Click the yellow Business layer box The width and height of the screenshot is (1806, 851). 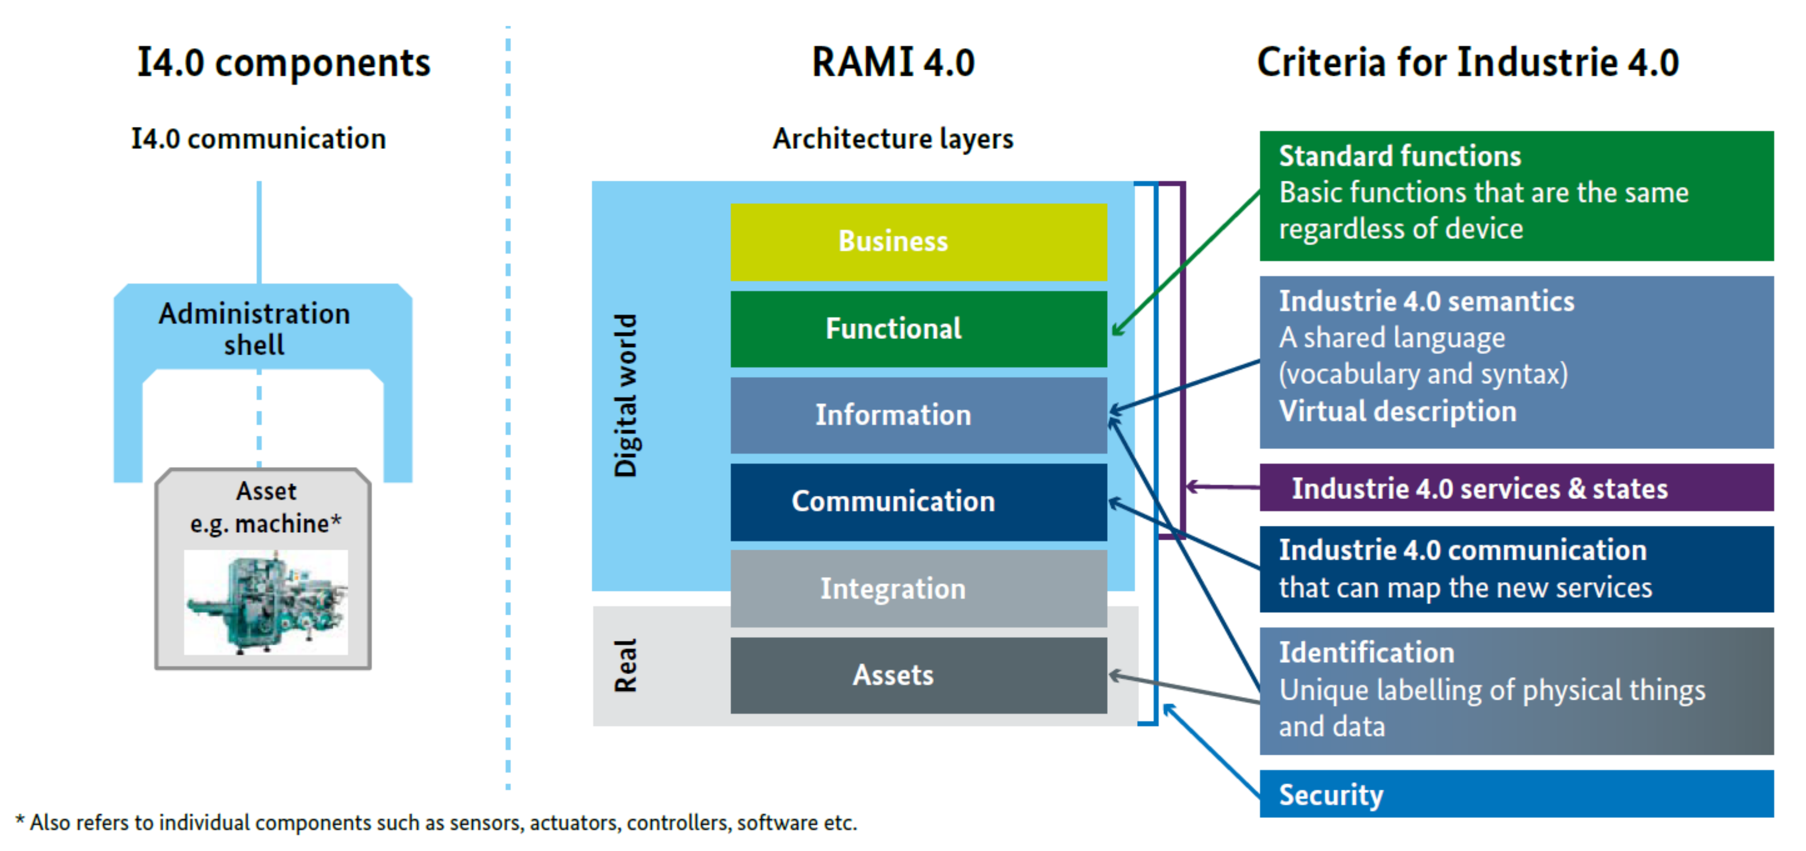[x=918, y=242]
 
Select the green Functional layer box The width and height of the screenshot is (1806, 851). [x=918, y=329]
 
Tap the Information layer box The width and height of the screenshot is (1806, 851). [x=918, y=415]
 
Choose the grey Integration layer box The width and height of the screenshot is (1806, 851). [x=918, y=589]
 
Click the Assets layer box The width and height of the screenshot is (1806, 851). [x=918, y=675]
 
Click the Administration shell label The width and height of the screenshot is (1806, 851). [x=254, y=329]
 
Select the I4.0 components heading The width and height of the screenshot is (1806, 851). [x=283, y=63]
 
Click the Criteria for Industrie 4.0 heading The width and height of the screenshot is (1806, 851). [x=1467, y=63]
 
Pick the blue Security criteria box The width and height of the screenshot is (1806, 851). [x=1516, y=794]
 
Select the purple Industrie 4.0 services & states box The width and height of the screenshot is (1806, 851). [x=1516, y=488]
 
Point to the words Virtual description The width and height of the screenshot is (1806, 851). [x=1397, y=412]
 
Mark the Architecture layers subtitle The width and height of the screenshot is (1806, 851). [x=892, y=139]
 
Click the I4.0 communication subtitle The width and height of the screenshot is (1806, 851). [x=259, y=139]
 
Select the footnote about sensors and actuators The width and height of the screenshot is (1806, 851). [x=436, y=822]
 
